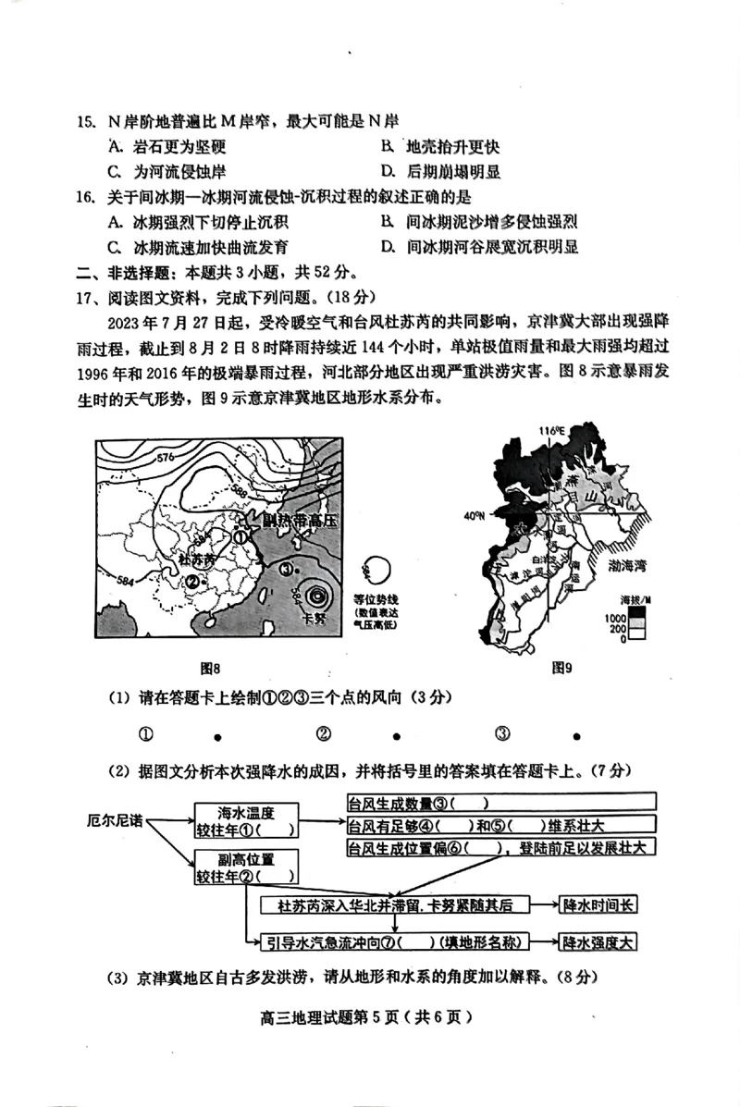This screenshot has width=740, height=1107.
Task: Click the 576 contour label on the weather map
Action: coord(165,459)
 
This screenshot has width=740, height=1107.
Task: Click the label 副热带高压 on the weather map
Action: coord(298,521)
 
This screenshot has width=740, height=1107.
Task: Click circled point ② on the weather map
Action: coord(193,581)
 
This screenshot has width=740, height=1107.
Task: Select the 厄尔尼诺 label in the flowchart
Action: coord(114,819)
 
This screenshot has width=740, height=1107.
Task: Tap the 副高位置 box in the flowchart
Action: coord(247,867)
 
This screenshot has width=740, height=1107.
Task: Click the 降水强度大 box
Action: coord(599,942)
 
